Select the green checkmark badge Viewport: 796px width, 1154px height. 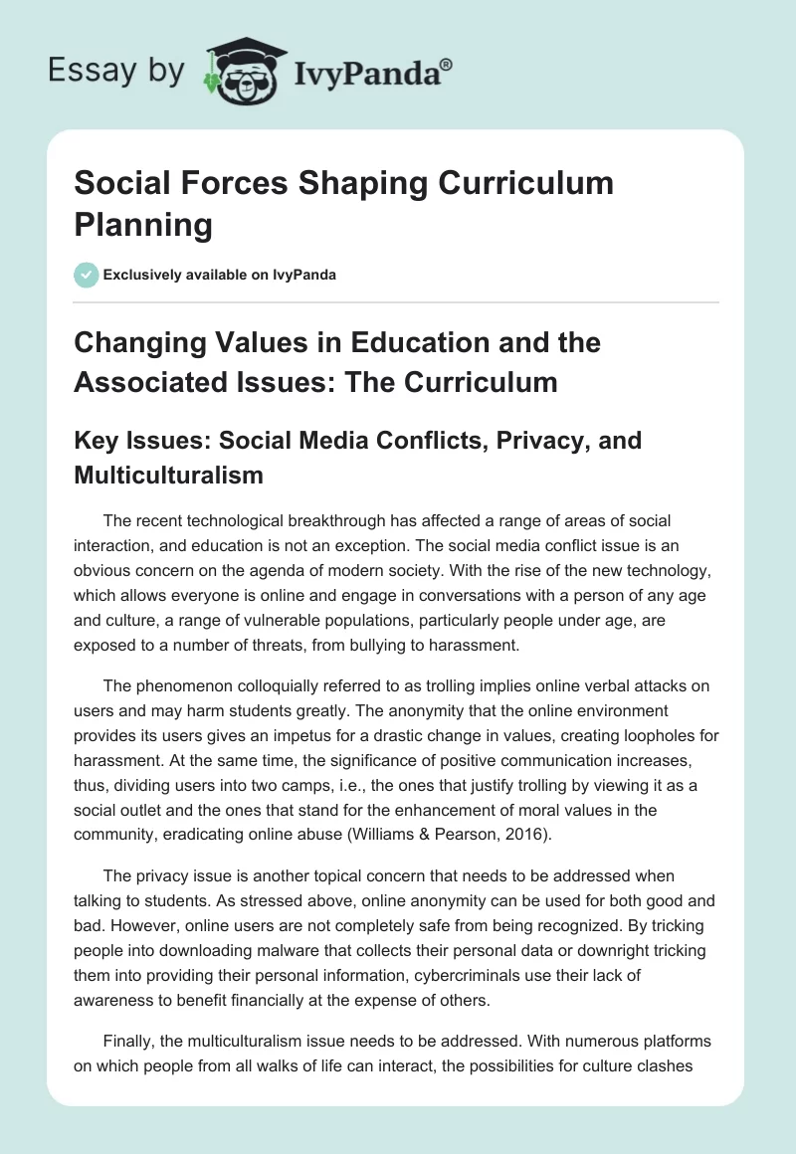coord(86,275)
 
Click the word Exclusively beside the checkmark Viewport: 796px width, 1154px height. coord(144,275)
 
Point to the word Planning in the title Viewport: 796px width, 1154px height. coord(143,225)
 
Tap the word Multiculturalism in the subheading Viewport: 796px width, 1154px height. coord(168,475)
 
